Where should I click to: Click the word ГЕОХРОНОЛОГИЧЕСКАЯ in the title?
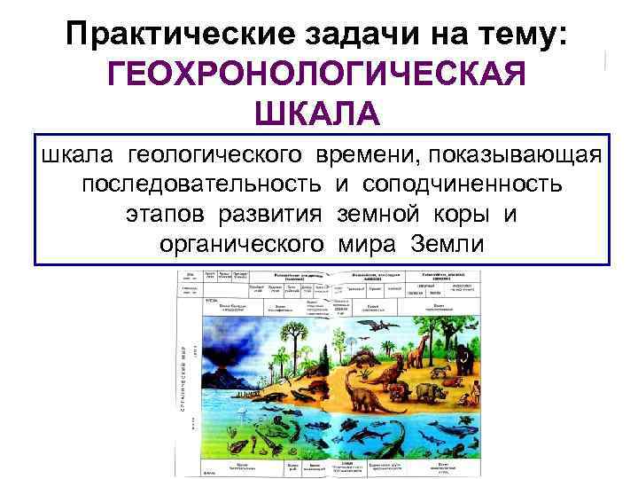[318, 75]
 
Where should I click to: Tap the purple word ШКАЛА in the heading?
[318, 114]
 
